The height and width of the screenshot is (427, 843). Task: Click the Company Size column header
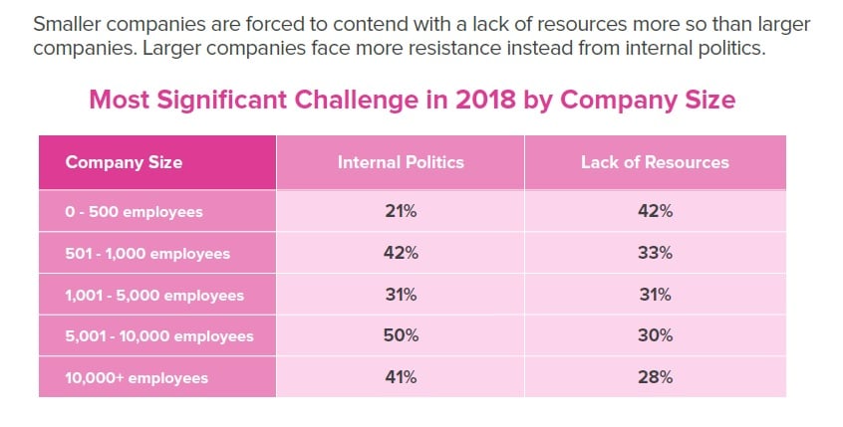(x=124, y=162)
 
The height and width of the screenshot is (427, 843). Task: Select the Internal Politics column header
(x=401, y=162)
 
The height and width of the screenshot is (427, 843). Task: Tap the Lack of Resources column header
(x=655, y=162)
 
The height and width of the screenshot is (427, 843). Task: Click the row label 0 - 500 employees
(x=134, y=212)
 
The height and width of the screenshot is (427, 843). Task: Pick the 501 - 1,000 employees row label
(x=147, y=254)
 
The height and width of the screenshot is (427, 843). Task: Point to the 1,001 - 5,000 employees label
(x=154, y=295)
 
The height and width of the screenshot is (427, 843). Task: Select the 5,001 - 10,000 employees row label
(x=159, y=336)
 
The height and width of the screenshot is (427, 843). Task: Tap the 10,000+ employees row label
(x=137, y=378)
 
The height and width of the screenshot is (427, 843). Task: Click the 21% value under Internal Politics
(x=401, y=211)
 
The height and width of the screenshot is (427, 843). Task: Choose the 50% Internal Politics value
(x=401, y=335)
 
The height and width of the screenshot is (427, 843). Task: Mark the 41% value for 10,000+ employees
(x=401, y=377)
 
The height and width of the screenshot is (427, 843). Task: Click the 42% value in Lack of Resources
(x=655, y=211)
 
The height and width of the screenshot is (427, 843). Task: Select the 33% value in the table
(x=655, y=253)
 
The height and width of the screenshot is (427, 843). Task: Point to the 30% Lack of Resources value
(x=655, y=335)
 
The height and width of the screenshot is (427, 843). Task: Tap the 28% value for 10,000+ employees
(x=655, y=377)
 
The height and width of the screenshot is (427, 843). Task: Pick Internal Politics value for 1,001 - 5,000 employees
(x=401, y=295)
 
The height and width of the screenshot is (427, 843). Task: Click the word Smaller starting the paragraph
(x=69, y=23)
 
